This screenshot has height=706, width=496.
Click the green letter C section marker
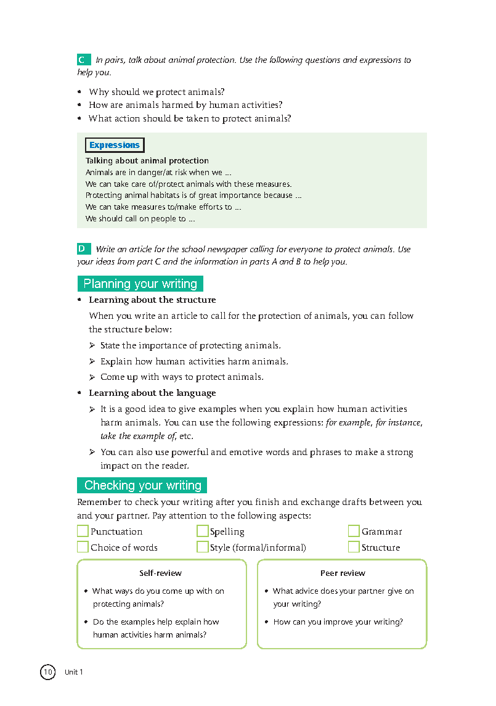pyautogui.click(x=83, y=60)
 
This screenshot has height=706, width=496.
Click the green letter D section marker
pyautogui.click(x=83, y=249)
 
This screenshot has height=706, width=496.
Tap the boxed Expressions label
pyautogui.click(x=115, y=146)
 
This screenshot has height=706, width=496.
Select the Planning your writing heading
pyautogui.click(x=140, y=284)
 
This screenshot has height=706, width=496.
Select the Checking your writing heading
pyautogui.click(x=142, y=485)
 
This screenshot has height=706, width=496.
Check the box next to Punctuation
pyautogui.click(x=83, y=531)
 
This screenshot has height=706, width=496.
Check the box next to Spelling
pyautogui.click(x=202, y=531)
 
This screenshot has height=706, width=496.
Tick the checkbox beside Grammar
pyautogui.click(x=354, y=531)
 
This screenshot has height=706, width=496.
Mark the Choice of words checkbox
pyautogui.click(x=83, y=547)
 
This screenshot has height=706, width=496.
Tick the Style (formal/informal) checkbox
pyautogui.click(x=202, y=547)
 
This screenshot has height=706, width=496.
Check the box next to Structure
pyautogui.click(x=354, y=547)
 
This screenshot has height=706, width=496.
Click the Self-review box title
pyautogui.click(x=160, y=573)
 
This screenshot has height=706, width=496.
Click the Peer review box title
pyautogui.click(x=343, y=573)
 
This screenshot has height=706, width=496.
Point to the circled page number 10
pyautogui.click(x=47, y=671)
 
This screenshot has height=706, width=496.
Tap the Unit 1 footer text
pyautogui.click(x=73, y=672)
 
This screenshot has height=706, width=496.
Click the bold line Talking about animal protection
pyautogui.click(x=147, y=161)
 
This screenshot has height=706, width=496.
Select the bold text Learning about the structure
pyautogui.click(x=152, y=300)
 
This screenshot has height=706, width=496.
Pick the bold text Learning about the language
pyautogui.click(x=152, y=393)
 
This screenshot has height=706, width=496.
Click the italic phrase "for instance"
pyautogui.click(x=399, y=423)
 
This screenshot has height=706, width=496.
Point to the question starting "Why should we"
pyautogui.click(x=157, y=92)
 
